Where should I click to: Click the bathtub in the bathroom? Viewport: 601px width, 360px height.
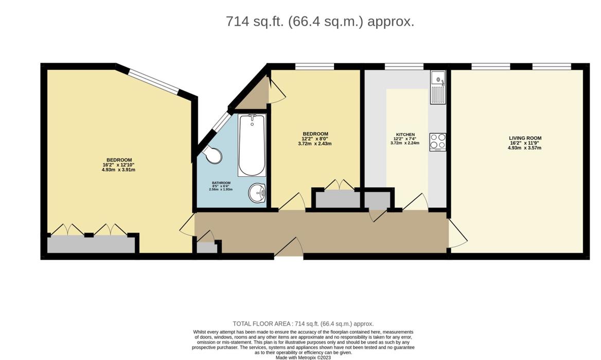(x=252, y=146)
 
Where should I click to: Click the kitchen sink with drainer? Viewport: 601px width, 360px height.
(x=438, y=87)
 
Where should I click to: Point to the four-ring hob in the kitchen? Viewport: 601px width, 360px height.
(x=438, y=141)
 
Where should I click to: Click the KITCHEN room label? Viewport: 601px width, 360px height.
(x=405, y=135)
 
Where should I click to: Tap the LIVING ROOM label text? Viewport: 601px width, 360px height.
(x=525, y=138)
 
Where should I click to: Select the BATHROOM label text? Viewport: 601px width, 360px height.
(x=221, y=183)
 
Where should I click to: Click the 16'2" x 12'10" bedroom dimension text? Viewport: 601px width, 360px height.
(x=118, y=165)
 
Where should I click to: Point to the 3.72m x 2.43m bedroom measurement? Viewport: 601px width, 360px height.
(x=314, y=144)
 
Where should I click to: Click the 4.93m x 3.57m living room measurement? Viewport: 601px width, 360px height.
(x=525, y=148)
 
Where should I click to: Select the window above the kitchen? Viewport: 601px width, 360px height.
(x=404, y=66)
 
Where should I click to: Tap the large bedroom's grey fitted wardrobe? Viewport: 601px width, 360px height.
(x=91, y=244)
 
